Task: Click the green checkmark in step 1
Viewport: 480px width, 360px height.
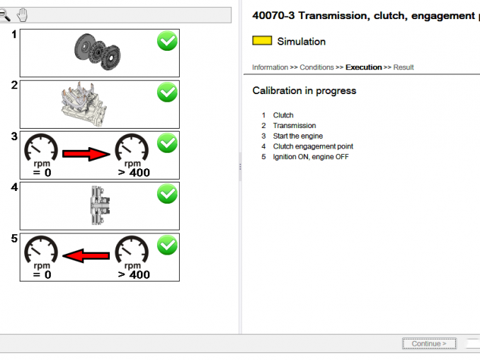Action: tap(167, 42)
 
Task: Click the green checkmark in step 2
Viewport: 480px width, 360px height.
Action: tap(167, 93)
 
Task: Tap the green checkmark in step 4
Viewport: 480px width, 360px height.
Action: tap(167, 194)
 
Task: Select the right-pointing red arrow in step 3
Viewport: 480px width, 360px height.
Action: tap(87, 153)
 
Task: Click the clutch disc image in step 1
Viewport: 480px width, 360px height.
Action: tap(97, 50)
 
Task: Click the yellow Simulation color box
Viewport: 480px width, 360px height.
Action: tap(262, 41)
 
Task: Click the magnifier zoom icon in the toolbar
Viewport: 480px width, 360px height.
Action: tap(5, 15)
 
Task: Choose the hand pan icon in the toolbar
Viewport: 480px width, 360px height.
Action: tap(22, 15)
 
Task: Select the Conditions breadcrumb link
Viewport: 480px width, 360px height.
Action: tap(316, 67)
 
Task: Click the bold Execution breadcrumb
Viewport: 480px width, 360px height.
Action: tap(363, 67)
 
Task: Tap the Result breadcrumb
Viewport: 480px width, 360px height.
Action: tap(404, 67)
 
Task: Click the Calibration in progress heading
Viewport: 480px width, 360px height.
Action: tap(304, 91)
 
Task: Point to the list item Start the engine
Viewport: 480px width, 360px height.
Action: tap(297, 136)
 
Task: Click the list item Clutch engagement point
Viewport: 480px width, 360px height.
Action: tap(313, 146)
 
